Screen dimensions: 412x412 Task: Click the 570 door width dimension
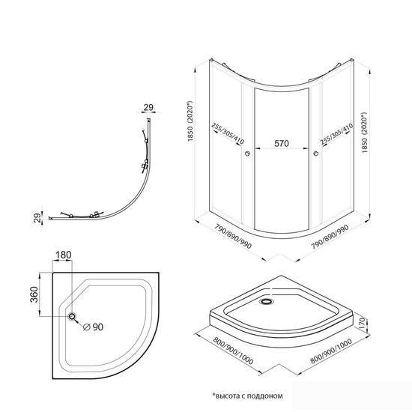click(x=282, y=144)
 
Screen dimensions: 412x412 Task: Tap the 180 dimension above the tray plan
click(x=64, y=255)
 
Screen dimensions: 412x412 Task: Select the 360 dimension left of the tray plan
click(x=34, y=294)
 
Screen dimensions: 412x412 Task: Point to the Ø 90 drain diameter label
click(x=94, y=327)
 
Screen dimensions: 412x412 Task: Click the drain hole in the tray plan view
click(x=72, y=316)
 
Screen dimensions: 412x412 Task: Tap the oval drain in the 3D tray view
click(x=267, y=301)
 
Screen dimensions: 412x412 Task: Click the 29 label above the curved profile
click(x=148, y=107)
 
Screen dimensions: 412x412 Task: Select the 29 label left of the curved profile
click(x=38, y=217)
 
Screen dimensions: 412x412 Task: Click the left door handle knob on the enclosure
click(x=247, y=154)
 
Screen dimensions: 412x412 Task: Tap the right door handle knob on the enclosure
click(x=316, y=154)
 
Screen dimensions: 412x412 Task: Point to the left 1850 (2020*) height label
click(x=191, y=121)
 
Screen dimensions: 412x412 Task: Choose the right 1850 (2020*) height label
click(x=364, y=133)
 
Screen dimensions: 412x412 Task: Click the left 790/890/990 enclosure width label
click(x=233, y=237)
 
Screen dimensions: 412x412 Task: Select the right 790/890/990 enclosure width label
click(x=330, y=237)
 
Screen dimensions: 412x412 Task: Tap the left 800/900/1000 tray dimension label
click(x=233, y=351)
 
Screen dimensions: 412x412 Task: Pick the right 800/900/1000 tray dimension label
click(x=331, y=351)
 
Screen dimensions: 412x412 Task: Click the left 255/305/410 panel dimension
click(x=228, y=134)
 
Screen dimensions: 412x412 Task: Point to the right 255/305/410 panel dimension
click(x=336, y=134)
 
